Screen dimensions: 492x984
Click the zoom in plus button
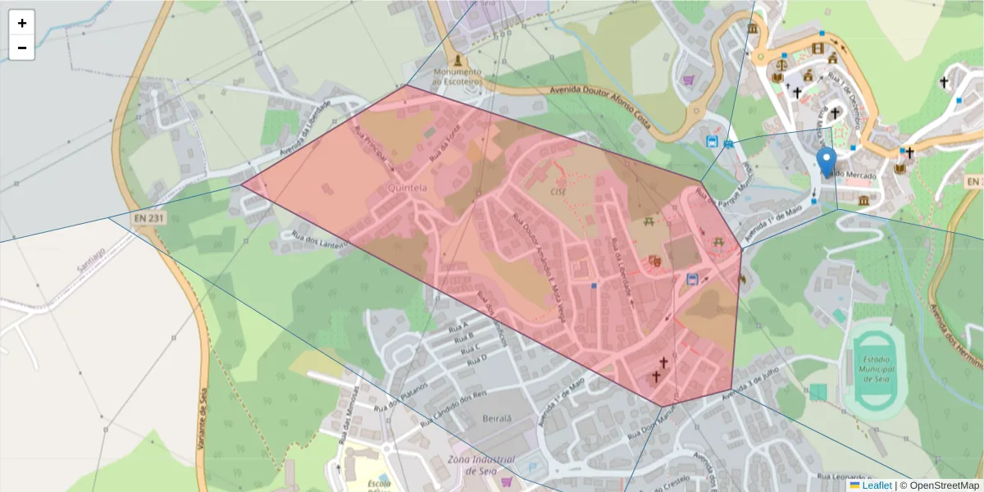[x=22, y=23]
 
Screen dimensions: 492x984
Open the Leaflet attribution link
[x=877, y=485]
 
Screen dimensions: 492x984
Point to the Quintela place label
[x=407, y=188]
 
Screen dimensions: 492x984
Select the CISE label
[x=558, y=191]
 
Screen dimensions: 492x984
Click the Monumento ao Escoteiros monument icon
[x=457, y=61]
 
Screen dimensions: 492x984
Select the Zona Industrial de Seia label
[x=481, y=465]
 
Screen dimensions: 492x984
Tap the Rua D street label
[x=477, y=358]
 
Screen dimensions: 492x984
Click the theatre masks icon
[x=654, y=262]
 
